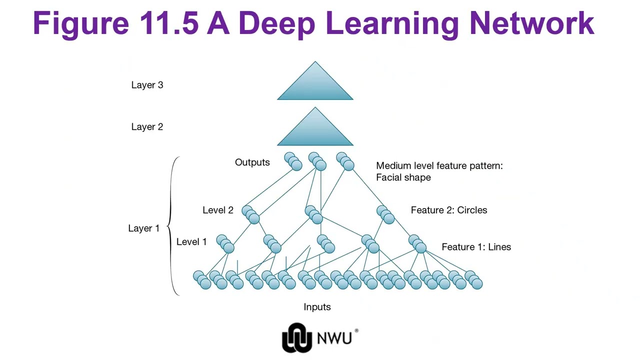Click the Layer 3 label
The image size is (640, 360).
(147, 85)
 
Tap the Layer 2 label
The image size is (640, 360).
(147, 127)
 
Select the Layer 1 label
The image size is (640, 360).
(143, 228)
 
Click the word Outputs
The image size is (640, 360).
(252, 162)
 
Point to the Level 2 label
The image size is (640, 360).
(217, 210)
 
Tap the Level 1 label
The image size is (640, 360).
(191, 242)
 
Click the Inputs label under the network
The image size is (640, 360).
(317, 307)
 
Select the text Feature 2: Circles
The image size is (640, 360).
(448, 210)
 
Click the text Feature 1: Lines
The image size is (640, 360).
(476, 247)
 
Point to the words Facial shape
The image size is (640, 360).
(403, 177)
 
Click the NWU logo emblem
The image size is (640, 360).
(296, 337)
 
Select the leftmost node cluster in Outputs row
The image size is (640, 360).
(293, 161)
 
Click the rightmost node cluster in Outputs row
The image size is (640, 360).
(345, 161)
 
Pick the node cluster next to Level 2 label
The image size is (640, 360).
(250, 214)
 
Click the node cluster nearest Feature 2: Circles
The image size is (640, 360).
(385, 214)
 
